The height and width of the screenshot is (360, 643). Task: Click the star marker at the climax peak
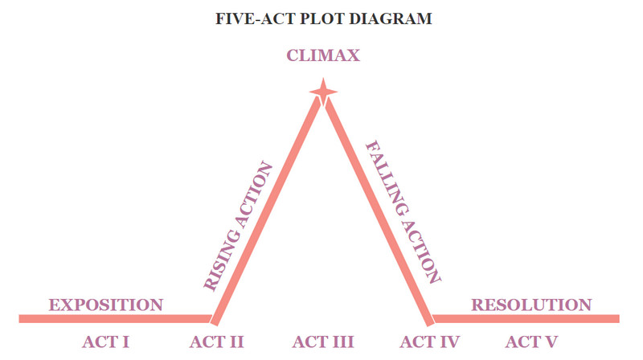(323, 93)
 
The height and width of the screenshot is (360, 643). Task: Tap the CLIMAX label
(323, 56)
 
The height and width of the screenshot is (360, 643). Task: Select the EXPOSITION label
(106, 305)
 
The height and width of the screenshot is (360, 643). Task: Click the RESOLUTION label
(531, 305)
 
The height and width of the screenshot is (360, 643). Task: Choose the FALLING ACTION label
(403, 212)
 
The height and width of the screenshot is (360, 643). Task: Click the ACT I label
(106, 342)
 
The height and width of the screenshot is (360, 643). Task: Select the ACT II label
(217, 342)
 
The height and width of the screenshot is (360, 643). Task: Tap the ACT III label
(323, 342)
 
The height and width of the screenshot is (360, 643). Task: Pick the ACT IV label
(430, 342)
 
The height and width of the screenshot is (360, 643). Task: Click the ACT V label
(531, 342)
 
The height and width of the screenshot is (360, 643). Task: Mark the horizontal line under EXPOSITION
(113, 319)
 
